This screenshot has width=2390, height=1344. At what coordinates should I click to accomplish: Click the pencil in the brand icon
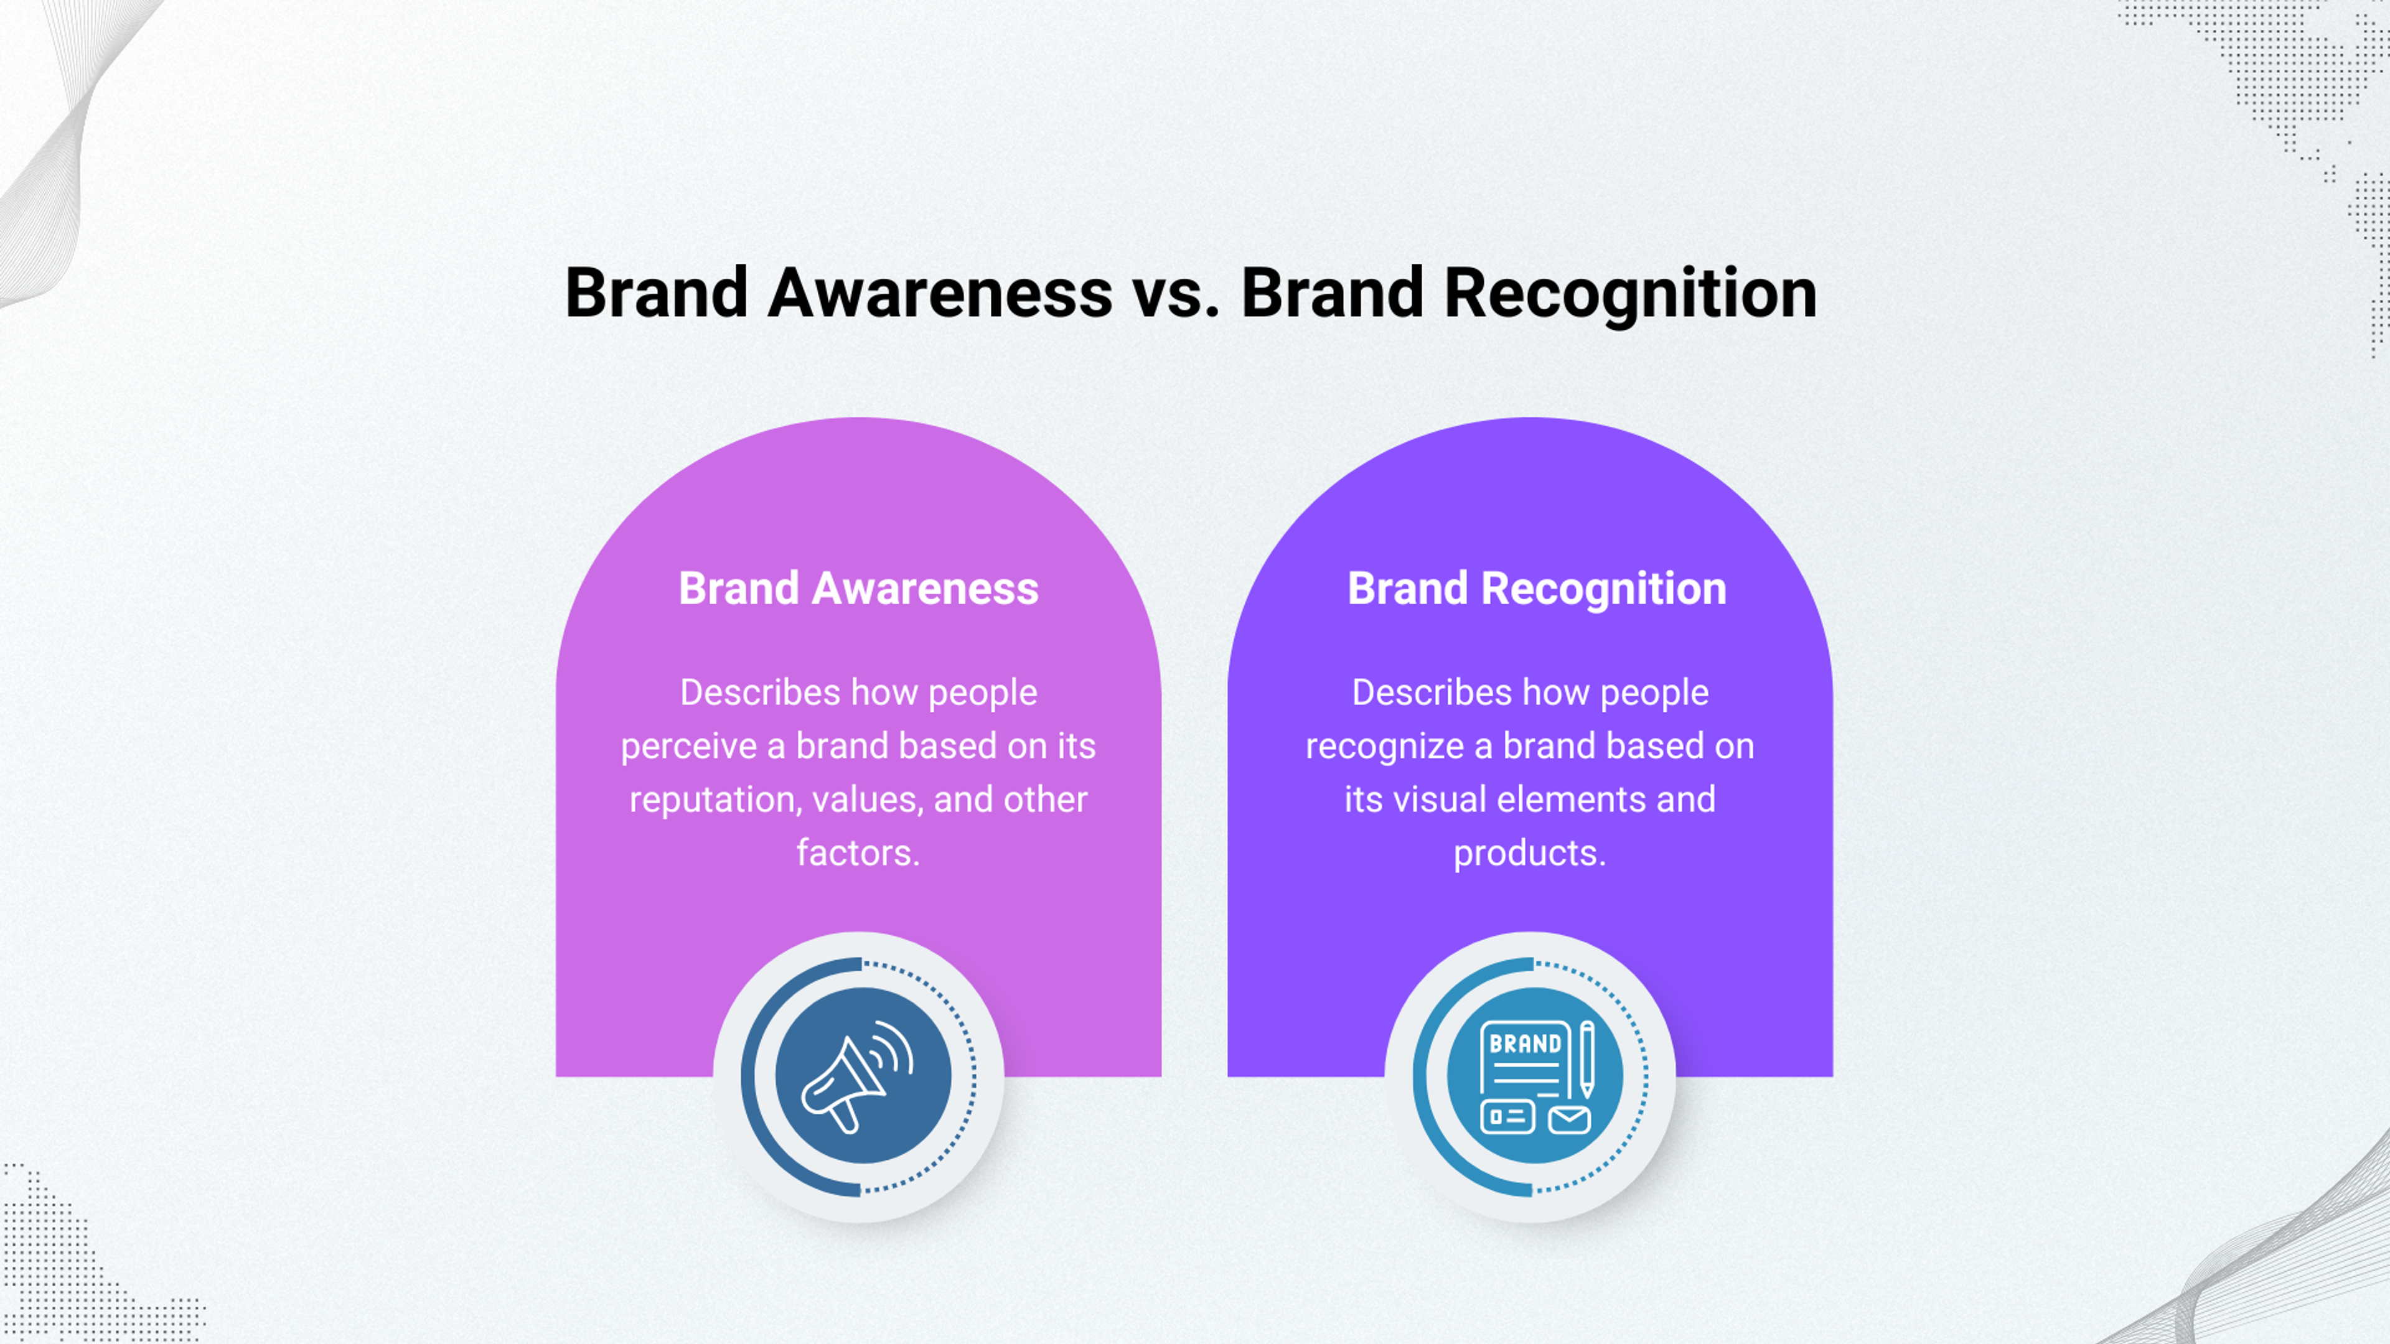coord(1588,1057)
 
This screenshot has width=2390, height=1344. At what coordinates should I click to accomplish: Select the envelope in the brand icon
coord(1570,1119)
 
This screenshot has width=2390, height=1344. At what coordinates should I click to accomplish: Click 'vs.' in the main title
coord(1176,293)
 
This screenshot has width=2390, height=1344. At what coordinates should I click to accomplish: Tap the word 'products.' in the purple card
coord(1529,853)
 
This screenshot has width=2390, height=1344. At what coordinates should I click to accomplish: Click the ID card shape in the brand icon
coord(1507,1117)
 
